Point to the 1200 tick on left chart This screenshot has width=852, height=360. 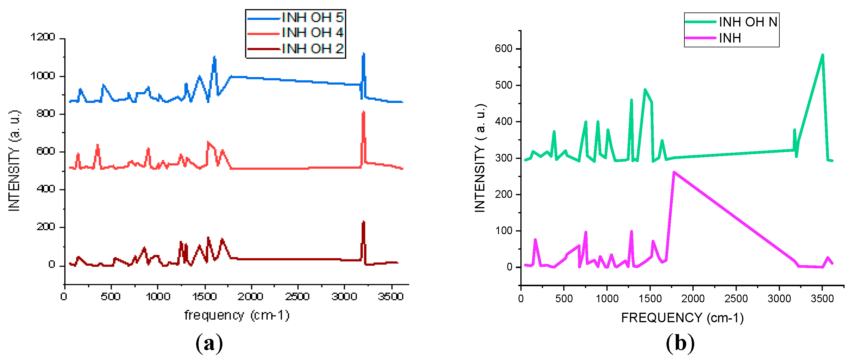pos(43,37)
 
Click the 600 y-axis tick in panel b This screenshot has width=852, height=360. pos(503,49)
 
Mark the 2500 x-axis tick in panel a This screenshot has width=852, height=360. pos(297,297)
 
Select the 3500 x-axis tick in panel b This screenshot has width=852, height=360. pos(822,299)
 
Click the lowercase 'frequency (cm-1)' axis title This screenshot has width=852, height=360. pos(237,315)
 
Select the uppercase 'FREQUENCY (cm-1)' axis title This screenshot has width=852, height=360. pos(682,318)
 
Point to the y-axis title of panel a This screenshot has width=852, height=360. pos(14,161)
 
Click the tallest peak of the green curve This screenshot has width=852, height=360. pos(823,55)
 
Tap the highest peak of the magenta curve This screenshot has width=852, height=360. pos(674,172)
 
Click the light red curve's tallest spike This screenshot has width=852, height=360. pos(363,112)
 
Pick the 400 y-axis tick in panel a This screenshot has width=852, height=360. pos(46,189)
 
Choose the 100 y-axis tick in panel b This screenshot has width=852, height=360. pos(503,231)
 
